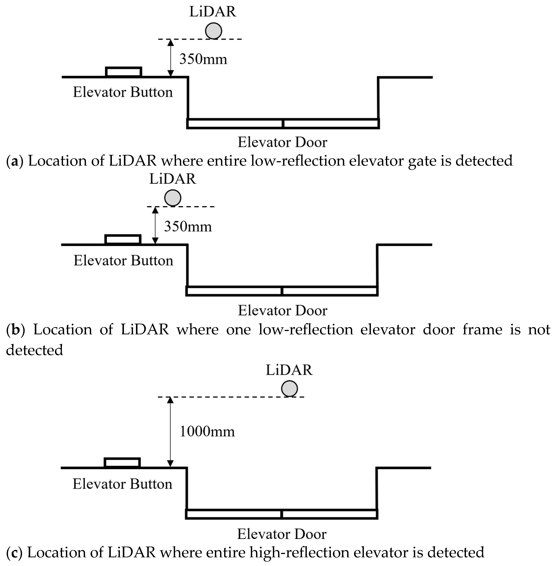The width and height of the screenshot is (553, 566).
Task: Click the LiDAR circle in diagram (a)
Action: (x=213, y=31)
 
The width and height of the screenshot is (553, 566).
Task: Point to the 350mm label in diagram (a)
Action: (x=203, y=59)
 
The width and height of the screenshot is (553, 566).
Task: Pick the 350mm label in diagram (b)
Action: (x=188, y=227)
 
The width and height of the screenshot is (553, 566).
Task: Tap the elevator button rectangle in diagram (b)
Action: (x=123, y=240)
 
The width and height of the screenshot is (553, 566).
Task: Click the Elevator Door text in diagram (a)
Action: (x=282, y=142)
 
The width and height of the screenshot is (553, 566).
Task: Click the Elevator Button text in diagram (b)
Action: (x=123, y=261)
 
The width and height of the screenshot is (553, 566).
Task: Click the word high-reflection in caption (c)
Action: (x=299, y=553)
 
